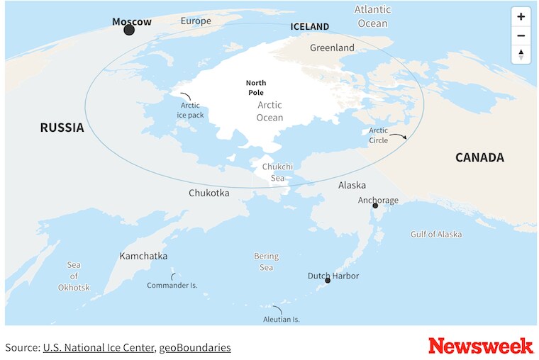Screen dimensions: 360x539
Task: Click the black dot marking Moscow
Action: click(129, 30)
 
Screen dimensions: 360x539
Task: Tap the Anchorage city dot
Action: click(375, 206)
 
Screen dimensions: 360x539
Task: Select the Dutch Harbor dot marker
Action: click(328, 281)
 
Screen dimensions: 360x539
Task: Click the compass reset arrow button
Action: click(521, 55)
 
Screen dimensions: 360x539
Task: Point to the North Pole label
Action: click(256, 88)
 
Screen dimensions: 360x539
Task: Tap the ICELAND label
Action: click(310, 27)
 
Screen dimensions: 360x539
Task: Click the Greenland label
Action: click(332, 47)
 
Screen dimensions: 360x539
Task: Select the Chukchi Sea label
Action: click(277, 172)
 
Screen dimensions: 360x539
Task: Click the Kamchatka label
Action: click(143, 256)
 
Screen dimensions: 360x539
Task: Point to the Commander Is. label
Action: click(172, 285)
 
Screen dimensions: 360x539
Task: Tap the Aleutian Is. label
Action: click(281, 319)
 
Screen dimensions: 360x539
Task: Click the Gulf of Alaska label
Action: click(435, 234)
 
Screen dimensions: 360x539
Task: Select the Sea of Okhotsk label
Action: click(74, 276)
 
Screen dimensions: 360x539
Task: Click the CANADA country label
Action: click(479, 157)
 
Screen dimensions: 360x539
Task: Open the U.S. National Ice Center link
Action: click(98, 347)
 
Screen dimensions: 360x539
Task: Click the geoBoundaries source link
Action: click(194, 347)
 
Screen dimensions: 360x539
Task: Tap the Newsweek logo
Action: click(480, 346)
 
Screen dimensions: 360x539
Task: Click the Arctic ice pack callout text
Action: click(190, 110)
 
